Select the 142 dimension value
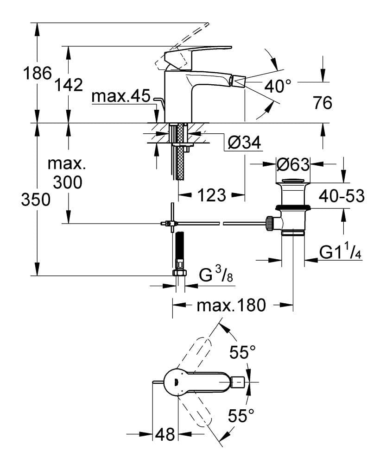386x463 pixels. coord(68,85)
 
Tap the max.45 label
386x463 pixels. coord(121,97)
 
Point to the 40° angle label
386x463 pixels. coord(278,85)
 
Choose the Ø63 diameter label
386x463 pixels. coord(292,164)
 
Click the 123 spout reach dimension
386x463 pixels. coord(211,195)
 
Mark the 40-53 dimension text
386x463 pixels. coord(342,196)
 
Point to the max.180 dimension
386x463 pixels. coord(231,306)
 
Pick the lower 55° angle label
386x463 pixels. coord(241,417)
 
